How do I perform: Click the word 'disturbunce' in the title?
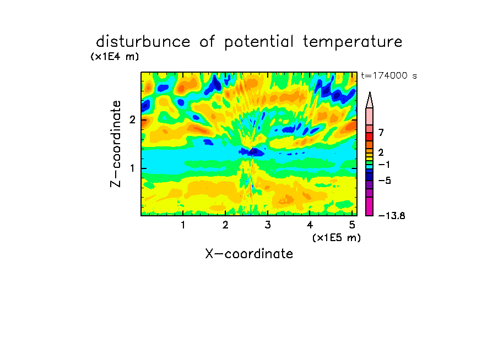coord(143,41)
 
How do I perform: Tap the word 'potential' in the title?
coord(259,42)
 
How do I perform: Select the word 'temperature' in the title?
coord(353,42)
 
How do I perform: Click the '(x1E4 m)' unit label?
coord(115,57)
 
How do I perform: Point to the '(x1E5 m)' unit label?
coord(337,237)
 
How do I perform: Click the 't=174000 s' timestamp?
coord(389,75)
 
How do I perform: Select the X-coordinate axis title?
coord(249,254)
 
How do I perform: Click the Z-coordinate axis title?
coord(116,144)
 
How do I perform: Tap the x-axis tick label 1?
coord(183,225)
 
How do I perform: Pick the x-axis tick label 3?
coord(268,225)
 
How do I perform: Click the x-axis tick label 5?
coord(352,225)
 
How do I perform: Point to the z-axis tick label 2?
coord(132,119)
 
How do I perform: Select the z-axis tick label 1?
coord(132,168)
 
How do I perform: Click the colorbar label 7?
coord(381,133)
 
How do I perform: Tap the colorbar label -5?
coord(385,181)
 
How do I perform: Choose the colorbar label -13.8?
coord(392,216)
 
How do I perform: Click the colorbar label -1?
coord(384,165)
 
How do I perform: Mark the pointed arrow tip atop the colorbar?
coord(370,92)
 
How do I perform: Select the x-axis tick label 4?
coord(310,225)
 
